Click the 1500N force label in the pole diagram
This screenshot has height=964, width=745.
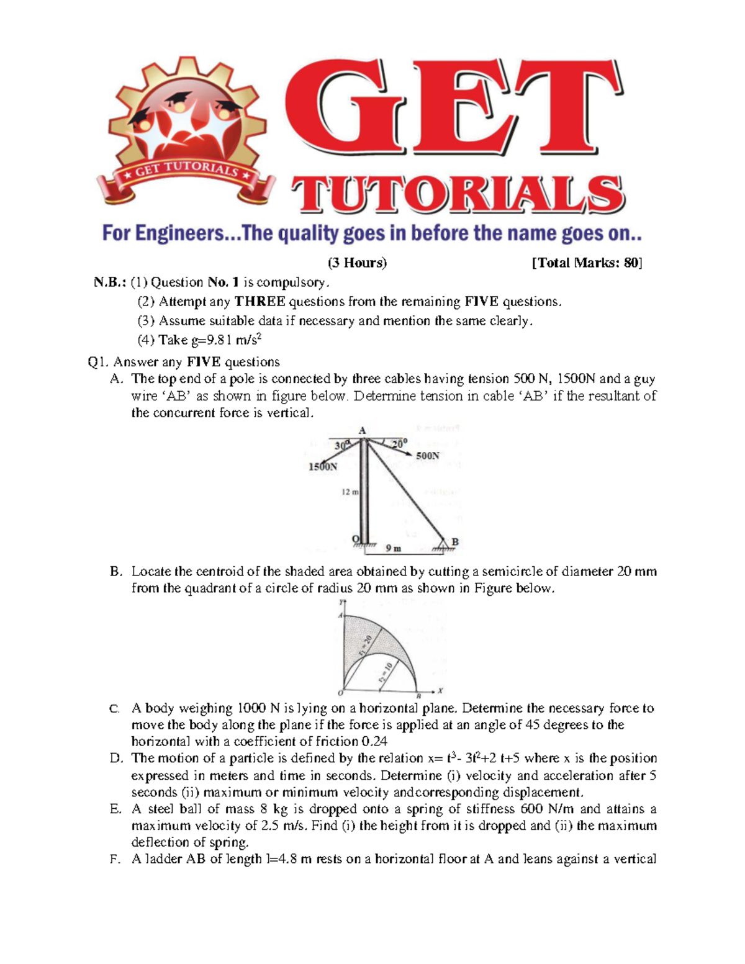(323, 467)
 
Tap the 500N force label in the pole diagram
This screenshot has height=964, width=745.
(427, 456)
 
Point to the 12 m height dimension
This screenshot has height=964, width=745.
(350, 492)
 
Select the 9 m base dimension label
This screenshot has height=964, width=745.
(393, 548)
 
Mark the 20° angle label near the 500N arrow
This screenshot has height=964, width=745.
(399, 443)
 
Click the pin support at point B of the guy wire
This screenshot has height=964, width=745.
(442, 545)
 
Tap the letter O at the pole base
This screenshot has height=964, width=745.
(355, 538)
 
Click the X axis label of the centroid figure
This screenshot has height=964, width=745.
(440, 690)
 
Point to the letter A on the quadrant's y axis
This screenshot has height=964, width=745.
(340, 615)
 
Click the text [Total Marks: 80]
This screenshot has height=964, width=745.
(587, 263)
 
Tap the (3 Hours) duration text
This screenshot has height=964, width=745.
(357, 263)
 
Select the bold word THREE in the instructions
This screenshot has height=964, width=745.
(260, 302)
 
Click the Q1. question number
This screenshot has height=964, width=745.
(99, 362)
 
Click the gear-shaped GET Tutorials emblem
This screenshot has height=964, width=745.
(187, 134)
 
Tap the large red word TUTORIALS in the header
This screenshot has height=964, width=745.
(459, 194)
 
